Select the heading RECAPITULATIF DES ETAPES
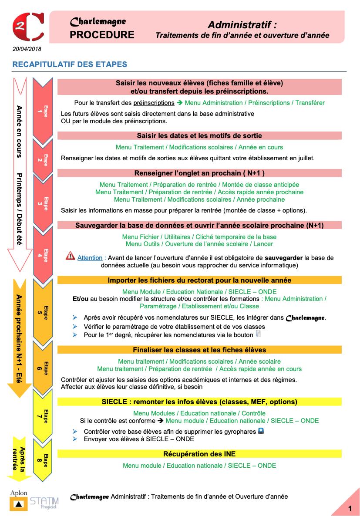coord(70,64)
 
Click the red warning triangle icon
coord(70,257)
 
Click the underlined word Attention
coord(90,258)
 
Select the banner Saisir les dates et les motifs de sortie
coord(199,135)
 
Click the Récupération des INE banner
coord(199,454)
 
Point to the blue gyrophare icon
coord(261,431)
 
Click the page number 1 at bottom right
coord(350,509)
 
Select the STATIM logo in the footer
coord(44,504)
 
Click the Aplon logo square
coord(18,504)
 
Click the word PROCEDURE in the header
coord(102,35)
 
